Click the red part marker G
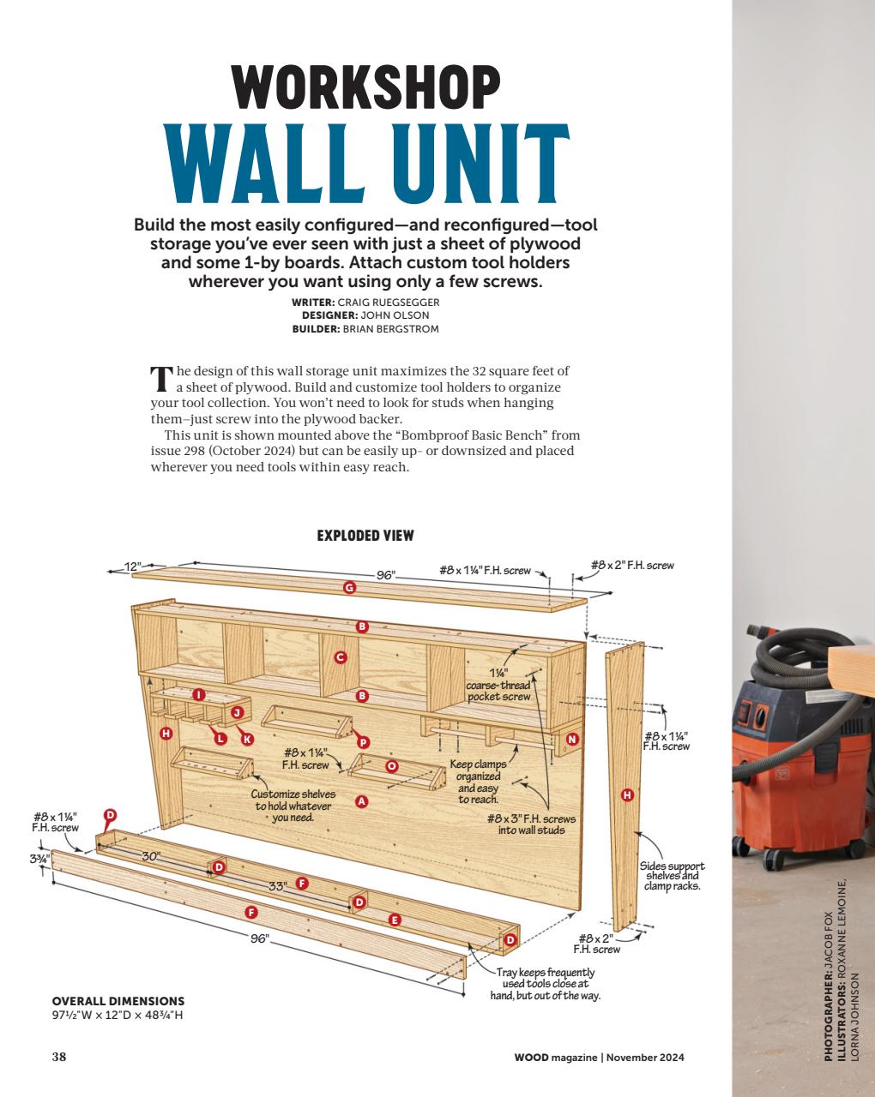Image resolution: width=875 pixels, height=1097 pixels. tap(349, 588)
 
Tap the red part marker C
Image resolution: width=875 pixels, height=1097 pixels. tap(341, 657)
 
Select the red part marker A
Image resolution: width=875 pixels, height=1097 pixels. tap(361, 801)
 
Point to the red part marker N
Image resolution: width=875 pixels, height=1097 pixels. tap(572, 739)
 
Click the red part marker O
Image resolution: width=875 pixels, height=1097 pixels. tap(391, 765)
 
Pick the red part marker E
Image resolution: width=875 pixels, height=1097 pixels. tap(395, 920)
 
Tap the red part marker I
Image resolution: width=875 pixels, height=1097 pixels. tap(199, 694)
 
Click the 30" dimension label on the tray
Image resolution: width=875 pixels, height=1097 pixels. tap(151, 856)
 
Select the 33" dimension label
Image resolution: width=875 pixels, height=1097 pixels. tap(277, 886)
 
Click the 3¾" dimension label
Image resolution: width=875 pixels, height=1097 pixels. tap(39, 858)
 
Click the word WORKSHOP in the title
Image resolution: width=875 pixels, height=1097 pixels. tap(365, 87)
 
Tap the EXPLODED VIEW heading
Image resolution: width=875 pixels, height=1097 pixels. tap(365, 536)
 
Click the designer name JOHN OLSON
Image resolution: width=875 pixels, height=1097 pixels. tap(395, 315)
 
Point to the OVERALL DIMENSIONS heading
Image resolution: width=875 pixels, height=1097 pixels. tap(118, 1001)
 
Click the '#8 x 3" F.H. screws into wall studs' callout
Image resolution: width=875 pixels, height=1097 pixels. tap(532, 824)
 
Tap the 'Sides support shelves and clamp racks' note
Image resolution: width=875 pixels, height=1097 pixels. tap(672, 876)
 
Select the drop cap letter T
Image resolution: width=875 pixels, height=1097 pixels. tap(160, 380)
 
